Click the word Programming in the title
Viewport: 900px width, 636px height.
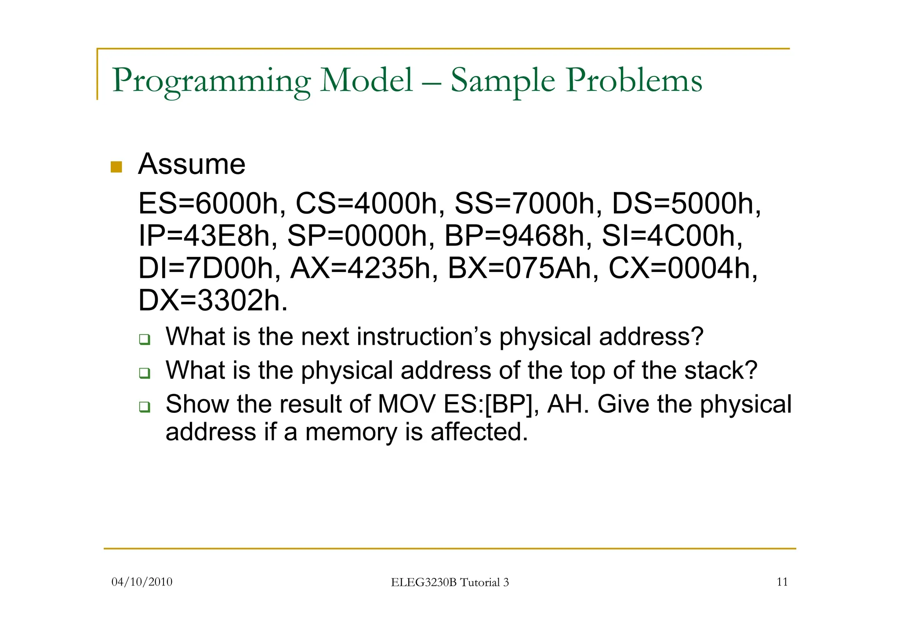click(x=211, y=81)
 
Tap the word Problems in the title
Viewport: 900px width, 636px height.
click(x=634, y=81)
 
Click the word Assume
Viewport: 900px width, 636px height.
click(x=192, y=164)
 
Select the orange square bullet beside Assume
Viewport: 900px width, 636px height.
click(x=116, y=167)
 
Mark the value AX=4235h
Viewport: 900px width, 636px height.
click(x=364, y=268)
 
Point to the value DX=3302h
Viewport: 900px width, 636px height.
click(x=212, y=301)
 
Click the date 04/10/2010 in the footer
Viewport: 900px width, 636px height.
click(x=142, y=582)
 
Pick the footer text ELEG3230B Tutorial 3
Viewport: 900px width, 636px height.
click(x=450, y=582)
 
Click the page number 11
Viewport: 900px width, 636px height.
click(x=782, y=582)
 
